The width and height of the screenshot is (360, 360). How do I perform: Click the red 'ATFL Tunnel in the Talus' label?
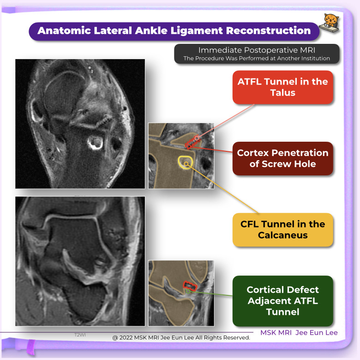(282, 87)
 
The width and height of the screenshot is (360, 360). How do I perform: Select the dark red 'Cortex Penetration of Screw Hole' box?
(282, 158)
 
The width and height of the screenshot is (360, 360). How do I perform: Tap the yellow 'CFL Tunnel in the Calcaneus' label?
(282, 229)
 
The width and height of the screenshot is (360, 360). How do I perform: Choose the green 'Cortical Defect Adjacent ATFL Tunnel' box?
(282, 301)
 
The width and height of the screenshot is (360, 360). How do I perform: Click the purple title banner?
(174, 31)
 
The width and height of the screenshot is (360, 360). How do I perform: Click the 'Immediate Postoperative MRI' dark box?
(257, 54)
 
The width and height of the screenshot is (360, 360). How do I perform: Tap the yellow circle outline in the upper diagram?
(185, 162)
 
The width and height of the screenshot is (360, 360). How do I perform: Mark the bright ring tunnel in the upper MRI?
(96, 143)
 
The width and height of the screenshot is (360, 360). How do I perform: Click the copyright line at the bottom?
(181, 337)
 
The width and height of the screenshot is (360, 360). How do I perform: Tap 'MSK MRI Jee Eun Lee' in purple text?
(299, 332)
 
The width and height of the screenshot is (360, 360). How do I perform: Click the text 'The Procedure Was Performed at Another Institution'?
(257, 59)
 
